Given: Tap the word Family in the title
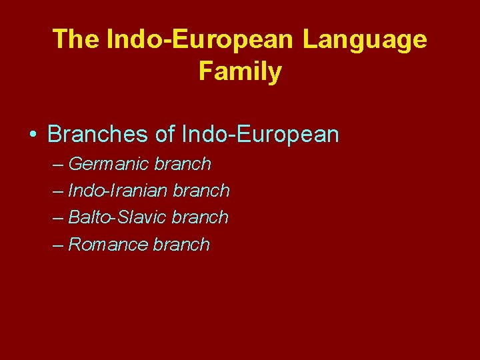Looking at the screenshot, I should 240,71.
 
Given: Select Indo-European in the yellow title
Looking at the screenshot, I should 198,39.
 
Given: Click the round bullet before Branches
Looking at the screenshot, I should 33,135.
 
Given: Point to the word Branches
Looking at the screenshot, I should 97,135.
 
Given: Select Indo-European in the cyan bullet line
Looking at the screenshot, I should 260,135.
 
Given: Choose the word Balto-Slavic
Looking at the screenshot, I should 118,217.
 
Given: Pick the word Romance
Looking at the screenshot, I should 108,245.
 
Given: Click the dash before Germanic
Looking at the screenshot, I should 58,165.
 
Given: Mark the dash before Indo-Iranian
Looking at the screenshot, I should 58,191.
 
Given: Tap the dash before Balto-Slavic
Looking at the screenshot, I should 58,218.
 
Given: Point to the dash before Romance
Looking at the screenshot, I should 58,245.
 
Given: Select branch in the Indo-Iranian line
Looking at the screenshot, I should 201,191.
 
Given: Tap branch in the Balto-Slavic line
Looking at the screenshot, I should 200,217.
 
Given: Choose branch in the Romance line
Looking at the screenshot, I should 181,245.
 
